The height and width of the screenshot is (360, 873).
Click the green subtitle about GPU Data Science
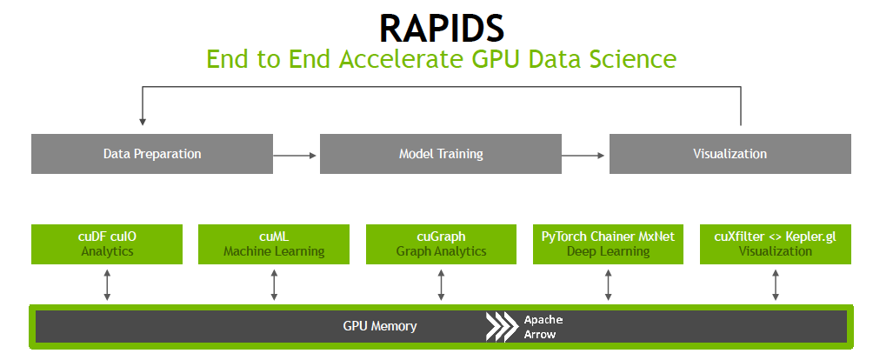(441, 59)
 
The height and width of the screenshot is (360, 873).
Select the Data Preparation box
(152, 154)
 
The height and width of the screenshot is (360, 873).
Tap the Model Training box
(441, 154)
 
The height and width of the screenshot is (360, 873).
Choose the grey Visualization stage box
(730, 154)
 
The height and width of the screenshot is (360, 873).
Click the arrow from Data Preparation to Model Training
(296, 155)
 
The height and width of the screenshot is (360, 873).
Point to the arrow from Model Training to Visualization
(584, 155)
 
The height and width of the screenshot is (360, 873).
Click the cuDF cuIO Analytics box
(107, 243)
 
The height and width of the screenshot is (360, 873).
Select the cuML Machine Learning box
(274, 243)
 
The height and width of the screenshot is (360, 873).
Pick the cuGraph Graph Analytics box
(442, 243)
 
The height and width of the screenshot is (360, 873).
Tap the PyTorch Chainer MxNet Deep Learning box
(609, 243)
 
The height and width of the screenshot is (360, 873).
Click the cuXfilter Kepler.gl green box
(776, 243)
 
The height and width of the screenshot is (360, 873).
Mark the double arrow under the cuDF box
(107, 284)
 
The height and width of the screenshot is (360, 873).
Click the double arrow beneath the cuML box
(274, 284)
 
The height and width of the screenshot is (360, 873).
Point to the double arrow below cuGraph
(442, 284)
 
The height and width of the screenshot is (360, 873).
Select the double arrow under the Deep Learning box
(609, 284)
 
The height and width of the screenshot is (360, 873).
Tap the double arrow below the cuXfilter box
(776, 284)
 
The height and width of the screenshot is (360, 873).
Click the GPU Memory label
(380, 326)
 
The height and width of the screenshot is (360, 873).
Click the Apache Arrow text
(543, 327)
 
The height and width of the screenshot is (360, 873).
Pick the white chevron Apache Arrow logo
(502, 326)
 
